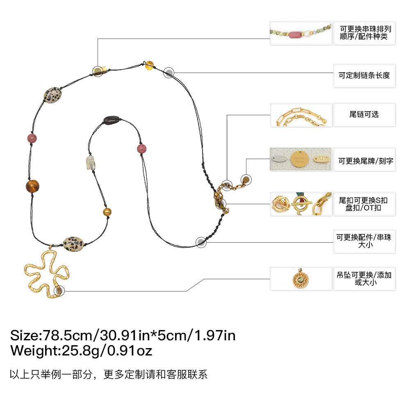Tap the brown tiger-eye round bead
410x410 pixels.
tap(32, 186)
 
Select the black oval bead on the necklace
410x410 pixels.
tap(111, 120)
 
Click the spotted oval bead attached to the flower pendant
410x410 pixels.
tap(73, 243)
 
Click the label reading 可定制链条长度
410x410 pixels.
tap(364, 75)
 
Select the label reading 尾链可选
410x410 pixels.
tap(364, 114)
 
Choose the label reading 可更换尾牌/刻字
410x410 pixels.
tap(364, 161)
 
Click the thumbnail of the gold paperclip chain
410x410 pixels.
tap(301, 115)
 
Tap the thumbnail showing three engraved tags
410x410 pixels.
tap(301, 159)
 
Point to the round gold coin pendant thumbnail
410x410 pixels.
tap(301, 279)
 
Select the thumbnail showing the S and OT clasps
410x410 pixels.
tap(301, 204)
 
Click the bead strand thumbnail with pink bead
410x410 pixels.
tap(301, 33)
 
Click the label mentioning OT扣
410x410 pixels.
tap(364, 204)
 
